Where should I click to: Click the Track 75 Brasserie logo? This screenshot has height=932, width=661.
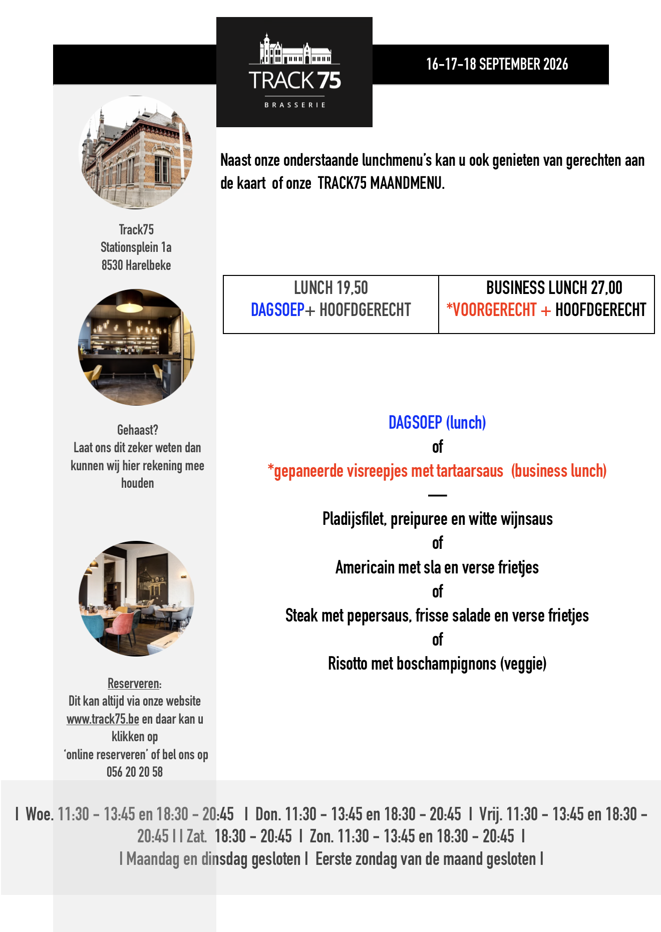tap(294, 72)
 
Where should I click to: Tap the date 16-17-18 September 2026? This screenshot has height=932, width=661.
tap(497, 64)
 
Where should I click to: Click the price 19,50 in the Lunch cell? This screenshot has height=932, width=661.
tap(352, 288)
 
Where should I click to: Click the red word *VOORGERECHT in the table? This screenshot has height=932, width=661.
tap(491, 310)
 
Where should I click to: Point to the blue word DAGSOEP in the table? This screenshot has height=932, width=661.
tap(277, 310)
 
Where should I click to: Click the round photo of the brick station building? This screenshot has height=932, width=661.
tap(136, 152)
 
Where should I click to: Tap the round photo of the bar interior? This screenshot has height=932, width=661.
tap(136, 347)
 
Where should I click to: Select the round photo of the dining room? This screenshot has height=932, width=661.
tap(136, 598)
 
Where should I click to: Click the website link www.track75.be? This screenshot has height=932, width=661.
tap(103, 719)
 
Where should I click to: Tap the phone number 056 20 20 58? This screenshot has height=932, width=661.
tap(135, 772)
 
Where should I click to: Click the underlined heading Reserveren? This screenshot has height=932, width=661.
tap(134, 684)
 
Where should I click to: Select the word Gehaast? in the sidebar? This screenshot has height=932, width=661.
tap(138, 430)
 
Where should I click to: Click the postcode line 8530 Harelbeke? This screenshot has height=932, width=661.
tap(136, 265)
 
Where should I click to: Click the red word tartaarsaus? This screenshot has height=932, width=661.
tap(470, 471)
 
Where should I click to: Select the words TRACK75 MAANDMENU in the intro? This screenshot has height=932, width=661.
tap(381, 183)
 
